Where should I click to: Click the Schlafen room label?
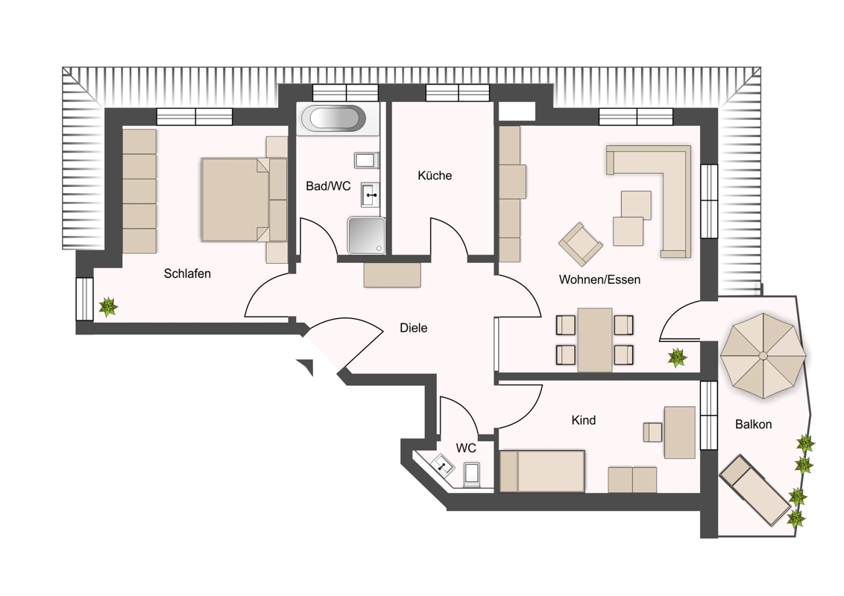coord(187,274)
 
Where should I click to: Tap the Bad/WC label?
coord(328,186)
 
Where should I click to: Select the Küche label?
coord(435,175)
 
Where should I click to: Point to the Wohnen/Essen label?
coord(599,279)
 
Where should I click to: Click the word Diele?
coord(413,328)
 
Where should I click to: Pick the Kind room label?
coord(584,420)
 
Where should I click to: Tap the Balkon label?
coord(754,425)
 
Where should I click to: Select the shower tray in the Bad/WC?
coord(367,235)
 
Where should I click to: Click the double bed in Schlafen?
coord(245,200)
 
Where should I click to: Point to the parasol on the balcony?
coord(763,355)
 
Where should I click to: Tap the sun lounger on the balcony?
coord(755,490)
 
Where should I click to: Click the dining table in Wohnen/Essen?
coord(595,340)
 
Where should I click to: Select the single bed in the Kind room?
coord(542,471)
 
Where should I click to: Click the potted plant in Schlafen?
coord(108,307)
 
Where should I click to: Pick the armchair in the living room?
coord(580,244)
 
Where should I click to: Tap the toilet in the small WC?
coord(471,475)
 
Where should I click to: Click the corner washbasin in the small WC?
coord(442,464)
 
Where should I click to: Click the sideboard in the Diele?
coord(392,275)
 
